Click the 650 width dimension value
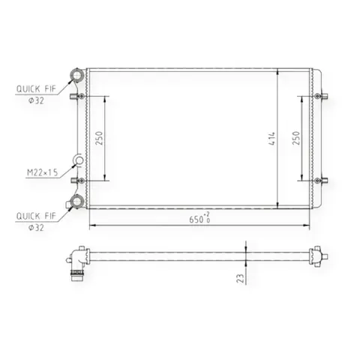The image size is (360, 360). pyautogui.click(x=196, y=220)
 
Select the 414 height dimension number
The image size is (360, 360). pyautogui.click(x=271, y=139)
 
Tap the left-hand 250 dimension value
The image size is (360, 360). pyautogui.click(x=99, y=138)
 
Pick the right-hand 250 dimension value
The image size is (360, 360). pyautogui.click(x=296, y=138)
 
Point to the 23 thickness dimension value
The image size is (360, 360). pyautogui.click(x=240, y=278)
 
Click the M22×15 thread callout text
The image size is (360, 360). pyautogui.click(x=42, y=172)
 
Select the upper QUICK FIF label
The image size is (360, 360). pyautogui.click(x=36, y=88)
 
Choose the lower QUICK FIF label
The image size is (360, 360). pyautogui.click(x=36, y=216)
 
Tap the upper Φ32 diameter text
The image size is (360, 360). pyautogui.click(x=36, y=100)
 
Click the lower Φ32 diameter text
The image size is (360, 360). pyautogui.click(x=36, y=227)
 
